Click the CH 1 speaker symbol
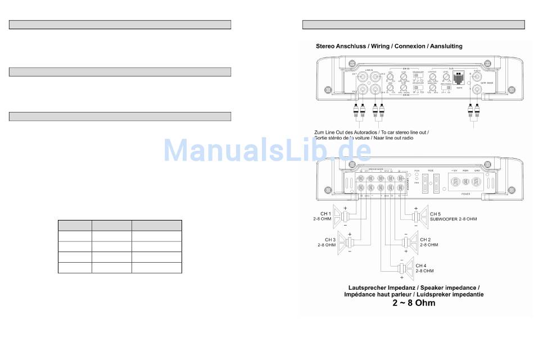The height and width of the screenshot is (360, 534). [x=340, y=216]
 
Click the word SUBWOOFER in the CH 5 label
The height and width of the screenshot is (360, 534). [x=444, y=219]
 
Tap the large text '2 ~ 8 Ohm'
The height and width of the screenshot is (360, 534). [x=413, y=303]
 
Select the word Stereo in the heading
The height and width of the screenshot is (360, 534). [x=325, y=46]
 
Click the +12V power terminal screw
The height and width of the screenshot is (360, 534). [x=454, y=182]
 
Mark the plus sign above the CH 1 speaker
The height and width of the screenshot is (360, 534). [x=345, y=208]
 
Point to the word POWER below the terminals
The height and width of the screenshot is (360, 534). [x=467, y=193]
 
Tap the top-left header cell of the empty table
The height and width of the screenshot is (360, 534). [x=75, y=225]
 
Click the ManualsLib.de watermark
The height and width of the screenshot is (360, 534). [x=267, y=151]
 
